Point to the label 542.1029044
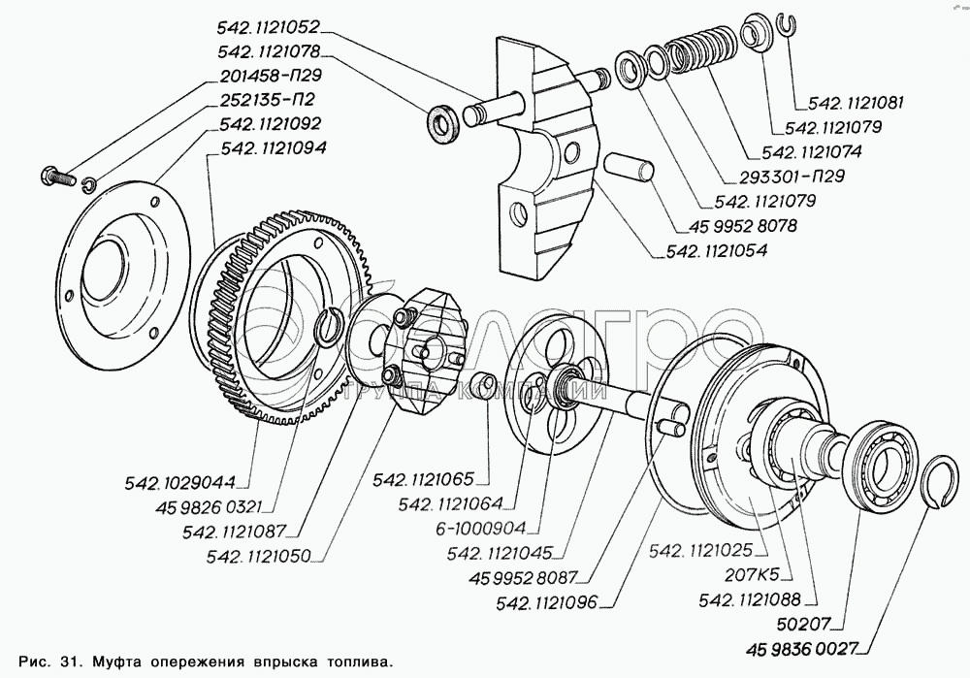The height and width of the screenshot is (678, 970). click(180, 482)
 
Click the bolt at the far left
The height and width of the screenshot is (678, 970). click(57, 177)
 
